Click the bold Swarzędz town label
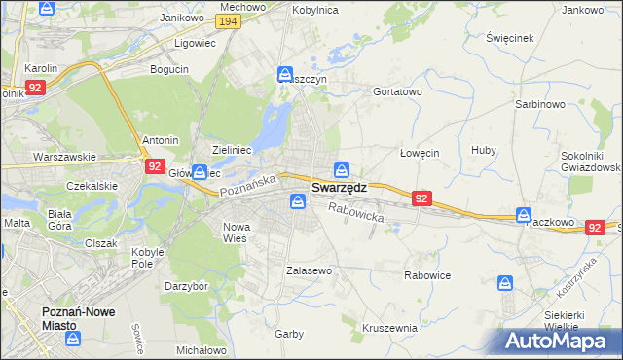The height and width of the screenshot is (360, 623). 339,187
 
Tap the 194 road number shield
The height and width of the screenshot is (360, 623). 229,21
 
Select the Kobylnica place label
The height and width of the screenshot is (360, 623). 313,9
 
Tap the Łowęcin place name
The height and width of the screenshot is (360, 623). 421,153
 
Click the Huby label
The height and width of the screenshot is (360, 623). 484,150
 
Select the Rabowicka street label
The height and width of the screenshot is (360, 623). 356,212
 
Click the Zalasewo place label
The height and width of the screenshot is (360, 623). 310,270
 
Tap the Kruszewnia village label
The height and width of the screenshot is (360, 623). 389,328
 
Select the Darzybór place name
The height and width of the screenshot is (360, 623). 187,287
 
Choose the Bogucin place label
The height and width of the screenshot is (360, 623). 168,69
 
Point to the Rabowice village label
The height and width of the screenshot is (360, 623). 427,275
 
